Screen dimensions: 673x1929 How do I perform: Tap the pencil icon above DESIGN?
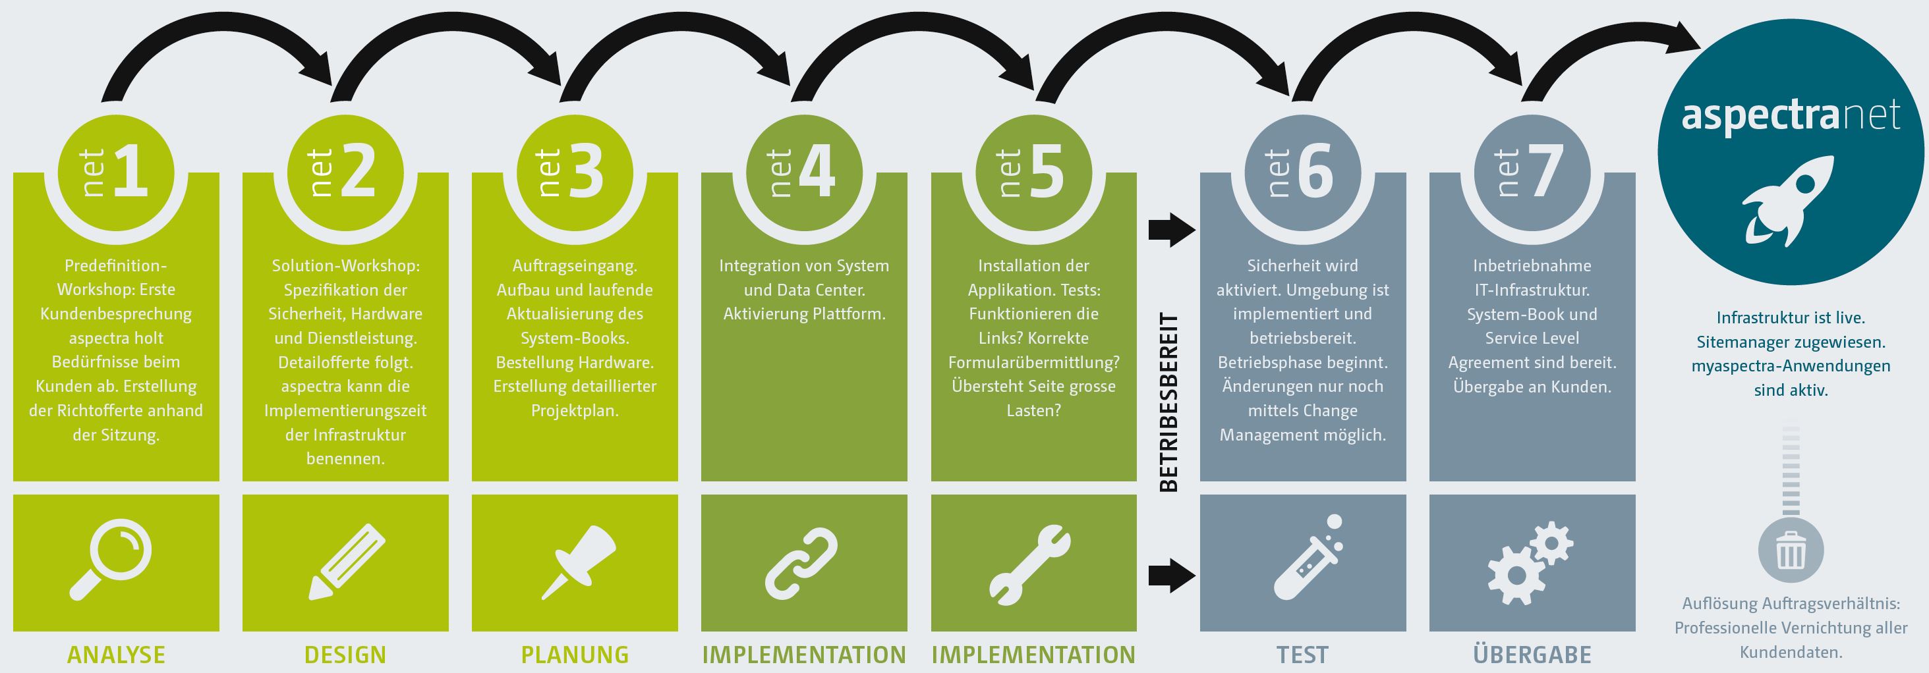coord(346,562)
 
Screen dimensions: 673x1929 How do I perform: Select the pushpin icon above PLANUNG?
coord(577,562)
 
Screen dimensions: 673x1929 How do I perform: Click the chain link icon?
coord(801,563)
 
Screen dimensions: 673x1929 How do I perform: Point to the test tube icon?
coord(1307,558)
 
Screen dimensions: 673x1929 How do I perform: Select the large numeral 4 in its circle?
coord(817,171)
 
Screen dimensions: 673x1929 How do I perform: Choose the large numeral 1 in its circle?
coord(130,171)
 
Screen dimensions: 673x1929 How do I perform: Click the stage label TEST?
coord(1302,655)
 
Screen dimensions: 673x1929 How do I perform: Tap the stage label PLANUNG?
coord(575,655)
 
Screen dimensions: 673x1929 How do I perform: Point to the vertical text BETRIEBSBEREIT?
coord(1168,402)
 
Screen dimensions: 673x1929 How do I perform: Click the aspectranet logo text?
coord(1791,115)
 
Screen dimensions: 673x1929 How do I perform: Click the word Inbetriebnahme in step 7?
coord(1532,266)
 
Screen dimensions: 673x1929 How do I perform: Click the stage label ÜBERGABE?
coord(1532,655)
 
